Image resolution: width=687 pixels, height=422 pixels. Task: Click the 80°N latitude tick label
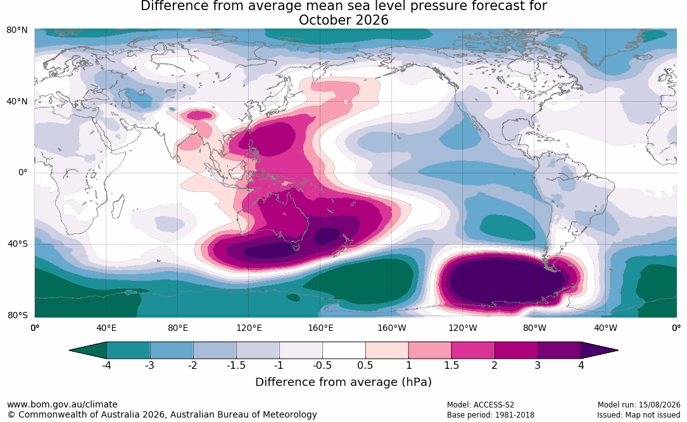[x=16, y=30]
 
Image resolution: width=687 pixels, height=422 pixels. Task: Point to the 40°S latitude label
[x=18, y=244]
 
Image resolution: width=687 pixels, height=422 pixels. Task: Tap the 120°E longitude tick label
[x=249, y=328]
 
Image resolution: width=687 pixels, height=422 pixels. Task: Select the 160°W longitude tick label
[x=392, y=328]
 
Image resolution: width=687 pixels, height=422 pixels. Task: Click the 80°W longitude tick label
[x=534, y=328]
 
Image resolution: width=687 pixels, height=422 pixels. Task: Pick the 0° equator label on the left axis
[x=23, y=173]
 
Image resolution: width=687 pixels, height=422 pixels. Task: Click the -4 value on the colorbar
[x=106, y=365]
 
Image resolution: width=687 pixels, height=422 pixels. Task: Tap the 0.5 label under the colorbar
[x=365, y=365]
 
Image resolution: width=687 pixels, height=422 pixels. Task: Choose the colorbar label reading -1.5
[x=236, y=365]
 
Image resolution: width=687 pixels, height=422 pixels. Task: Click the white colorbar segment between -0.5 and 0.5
[x=344, y=351]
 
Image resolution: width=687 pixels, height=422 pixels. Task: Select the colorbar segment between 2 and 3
[x=516, y=351]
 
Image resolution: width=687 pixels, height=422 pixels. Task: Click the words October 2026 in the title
[x=343, y=20]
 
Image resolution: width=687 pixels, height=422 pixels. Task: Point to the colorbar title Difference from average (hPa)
[x=343, y=382]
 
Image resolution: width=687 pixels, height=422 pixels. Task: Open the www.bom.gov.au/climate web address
[x=62, y=404]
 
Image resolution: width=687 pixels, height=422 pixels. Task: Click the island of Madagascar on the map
[x=117, y=206]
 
